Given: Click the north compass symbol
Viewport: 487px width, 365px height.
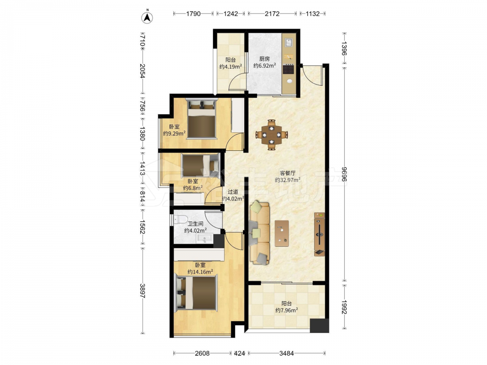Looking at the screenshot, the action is (x=147, y=18).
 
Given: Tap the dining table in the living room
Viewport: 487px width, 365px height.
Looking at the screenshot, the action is (x=272, y=135).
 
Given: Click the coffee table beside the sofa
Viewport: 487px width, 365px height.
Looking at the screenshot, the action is (x=281, y=234).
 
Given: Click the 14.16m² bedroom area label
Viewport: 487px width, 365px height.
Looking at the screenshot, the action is (x=200, y=272).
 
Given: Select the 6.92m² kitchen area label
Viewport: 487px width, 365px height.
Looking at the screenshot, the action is (x=264, y=66).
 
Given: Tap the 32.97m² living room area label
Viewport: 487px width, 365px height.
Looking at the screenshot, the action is (x=288, y=180).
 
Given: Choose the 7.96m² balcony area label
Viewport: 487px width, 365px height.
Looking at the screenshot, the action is (x=287, y=310).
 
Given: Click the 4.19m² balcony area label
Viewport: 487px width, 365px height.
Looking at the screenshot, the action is (x=230, y=66).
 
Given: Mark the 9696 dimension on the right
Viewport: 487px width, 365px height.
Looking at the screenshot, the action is (x=344, y=174).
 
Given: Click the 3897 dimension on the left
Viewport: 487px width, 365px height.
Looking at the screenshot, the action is (x=142, y=291).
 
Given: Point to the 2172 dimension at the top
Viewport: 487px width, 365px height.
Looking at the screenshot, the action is (x=272, y=14).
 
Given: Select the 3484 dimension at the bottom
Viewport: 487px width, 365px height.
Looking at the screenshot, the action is (x=286, y=353).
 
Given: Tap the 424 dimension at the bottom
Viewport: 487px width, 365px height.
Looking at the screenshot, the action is (x=240, y=353).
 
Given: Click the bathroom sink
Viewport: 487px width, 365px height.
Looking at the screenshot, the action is (x=205, y=238).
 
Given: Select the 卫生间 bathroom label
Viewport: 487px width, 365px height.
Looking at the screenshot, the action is (x=196, y=223).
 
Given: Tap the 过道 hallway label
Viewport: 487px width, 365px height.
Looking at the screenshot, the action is (x=233, y=192).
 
